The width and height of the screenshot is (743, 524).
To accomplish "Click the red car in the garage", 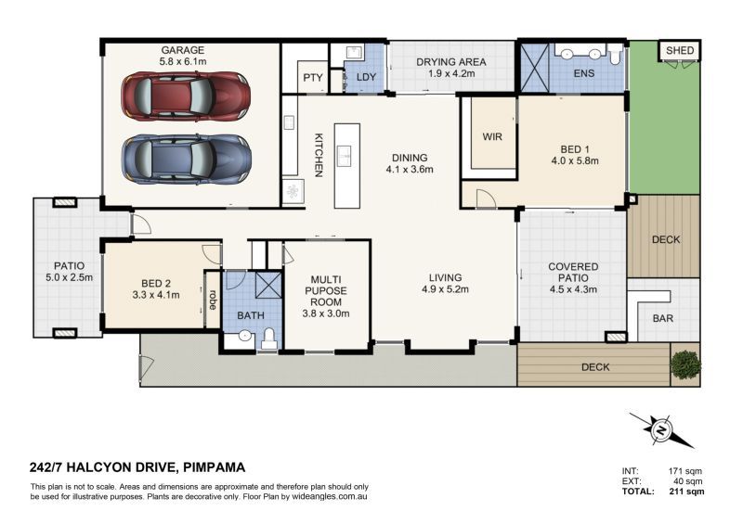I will (185, 96).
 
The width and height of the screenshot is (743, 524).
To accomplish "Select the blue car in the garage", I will (185, 158).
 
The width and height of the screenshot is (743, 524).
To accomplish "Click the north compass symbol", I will (661, 430).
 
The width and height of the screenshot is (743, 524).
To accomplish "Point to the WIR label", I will (492, 136).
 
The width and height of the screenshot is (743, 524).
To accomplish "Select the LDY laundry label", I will (366, 78).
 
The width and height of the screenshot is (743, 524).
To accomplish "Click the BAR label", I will (662, 317).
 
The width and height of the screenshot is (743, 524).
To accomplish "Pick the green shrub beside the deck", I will (684, 363).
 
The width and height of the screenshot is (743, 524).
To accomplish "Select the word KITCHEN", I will (318, 154).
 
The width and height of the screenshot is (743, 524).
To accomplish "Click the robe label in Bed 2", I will (213, 300).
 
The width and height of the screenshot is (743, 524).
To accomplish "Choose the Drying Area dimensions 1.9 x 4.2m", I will (451, 74).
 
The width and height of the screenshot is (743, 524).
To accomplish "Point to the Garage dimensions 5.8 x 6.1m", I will (182, 62).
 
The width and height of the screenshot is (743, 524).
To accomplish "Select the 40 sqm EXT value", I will (688, 481).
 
